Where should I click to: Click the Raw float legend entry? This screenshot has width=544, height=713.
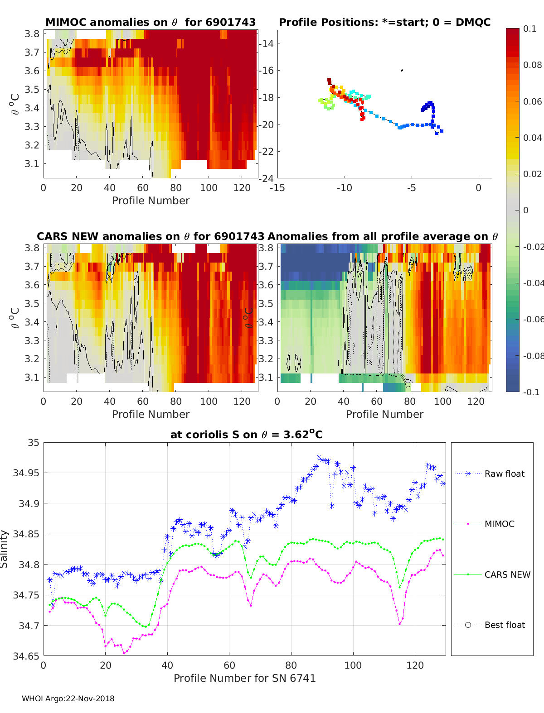[489, 474]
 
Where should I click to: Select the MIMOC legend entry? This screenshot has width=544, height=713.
[484, 524]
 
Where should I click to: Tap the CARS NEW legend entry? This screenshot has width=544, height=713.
[492, 574]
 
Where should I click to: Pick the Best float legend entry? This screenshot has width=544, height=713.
[489, 625]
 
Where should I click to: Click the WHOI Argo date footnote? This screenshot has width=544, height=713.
[68, 699]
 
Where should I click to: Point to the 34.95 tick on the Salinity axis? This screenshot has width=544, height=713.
[26, 473]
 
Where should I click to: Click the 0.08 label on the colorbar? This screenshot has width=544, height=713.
[532, 65]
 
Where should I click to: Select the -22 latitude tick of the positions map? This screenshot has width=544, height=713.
[266, 152]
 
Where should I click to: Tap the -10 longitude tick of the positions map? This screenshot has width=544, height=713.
[345, 188]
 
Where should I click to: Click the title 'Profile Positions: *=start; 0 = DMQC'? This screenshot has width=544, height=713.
[385, 22]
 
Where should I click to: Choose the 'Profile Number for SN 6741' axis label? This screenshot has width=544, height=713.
[244, 678]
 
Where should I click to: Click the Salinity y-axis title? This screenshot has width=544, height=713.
[4, 549]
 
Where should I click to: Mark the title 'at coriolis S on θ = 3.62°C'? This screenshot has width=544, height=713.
[247, 434]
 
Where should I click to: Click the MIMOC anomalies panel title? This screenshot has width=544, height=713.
[151, 22]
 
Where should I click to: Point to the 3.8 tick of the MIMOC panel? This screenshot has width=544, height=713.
[32, 34]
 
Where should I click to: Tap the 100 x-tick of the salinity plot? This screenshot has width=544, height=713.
[353, 665]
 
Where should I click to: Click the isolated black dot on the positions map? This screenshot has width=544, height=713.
[402, 70]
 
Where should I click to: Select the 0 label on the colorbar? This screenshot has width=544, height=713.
[526, 210]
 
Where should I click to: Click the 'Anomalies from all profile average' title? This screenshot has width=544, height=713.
[383, 236]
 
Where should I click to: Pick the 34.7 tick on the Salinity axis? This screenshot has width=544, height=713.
[29, 625]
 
